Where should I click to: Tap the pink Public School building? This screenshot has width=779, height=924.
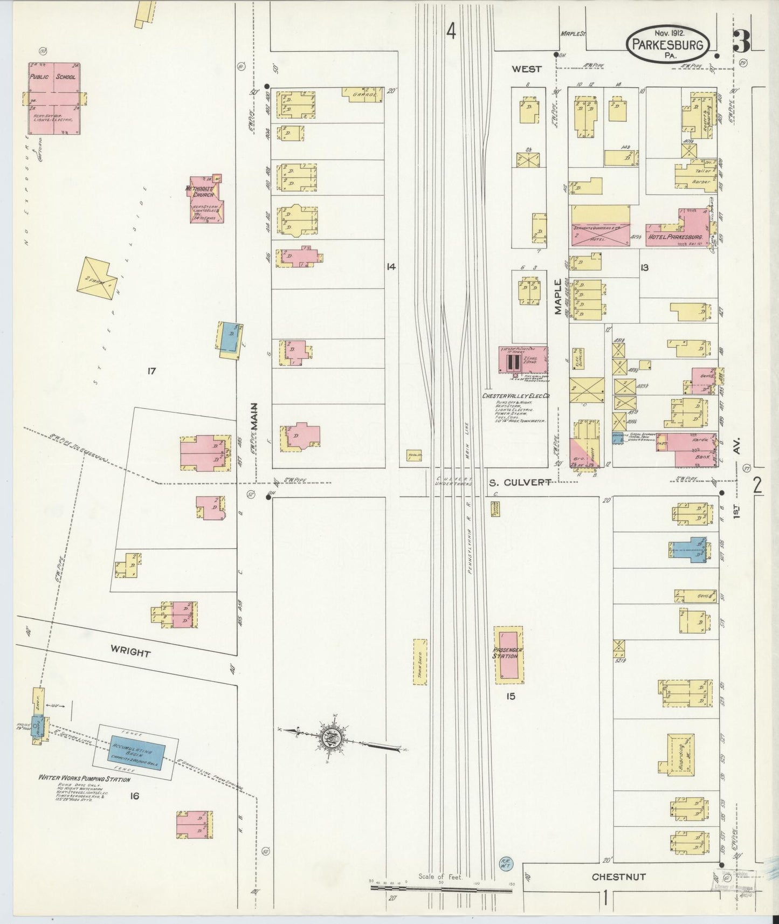coord(54,98)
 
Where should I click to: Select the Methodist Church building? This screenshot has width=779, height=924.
coord(205,199)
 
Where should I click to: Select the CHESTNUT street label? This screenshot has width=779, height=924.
coord(618,877)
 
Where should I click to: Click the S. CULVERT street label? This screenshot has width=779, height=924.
coord(520,483)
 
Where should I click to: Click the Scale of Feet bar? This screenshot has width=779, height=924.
coord(441,885)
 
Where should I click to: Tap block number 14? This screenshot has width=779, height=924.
coord(390,266)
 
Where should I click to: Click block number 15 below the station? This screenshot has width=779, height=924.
coord(510,696)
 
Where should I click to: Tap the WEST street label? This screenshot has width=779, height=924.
coord(526,69)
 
